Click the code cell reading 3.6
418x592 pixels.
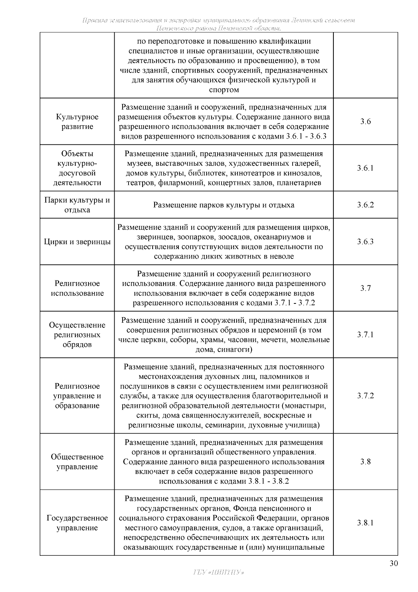[365, 122]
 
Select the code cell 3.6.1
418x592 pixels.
[365, 168]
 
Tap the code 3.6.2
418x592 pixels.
[365, 205]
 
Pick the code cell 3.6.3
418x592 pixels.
[365, 242]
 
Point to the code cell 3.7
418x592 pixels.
[365, 288]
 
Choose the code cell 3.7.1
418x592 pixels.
[365, 335]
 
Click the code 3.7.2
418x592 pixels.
[365, 396]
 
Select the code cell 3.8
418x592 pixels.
[365, 462]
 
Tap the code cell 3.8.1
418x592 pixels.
[365, 523]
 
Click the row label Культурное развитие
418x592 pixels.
[77, 122]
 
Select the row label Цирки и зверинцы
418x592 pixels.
[77, 242]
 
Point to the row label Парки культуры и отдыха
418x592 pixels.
[77, 205]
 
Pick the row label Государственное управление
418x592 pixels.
[77, 523]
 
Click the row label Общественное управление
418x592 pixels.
[77, 462]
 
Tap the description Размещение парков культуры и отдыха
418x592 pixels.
[224, 205]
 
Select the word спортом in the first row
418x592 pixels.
[224, 90]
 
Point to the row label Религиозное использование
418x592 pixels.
[77, 288]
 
